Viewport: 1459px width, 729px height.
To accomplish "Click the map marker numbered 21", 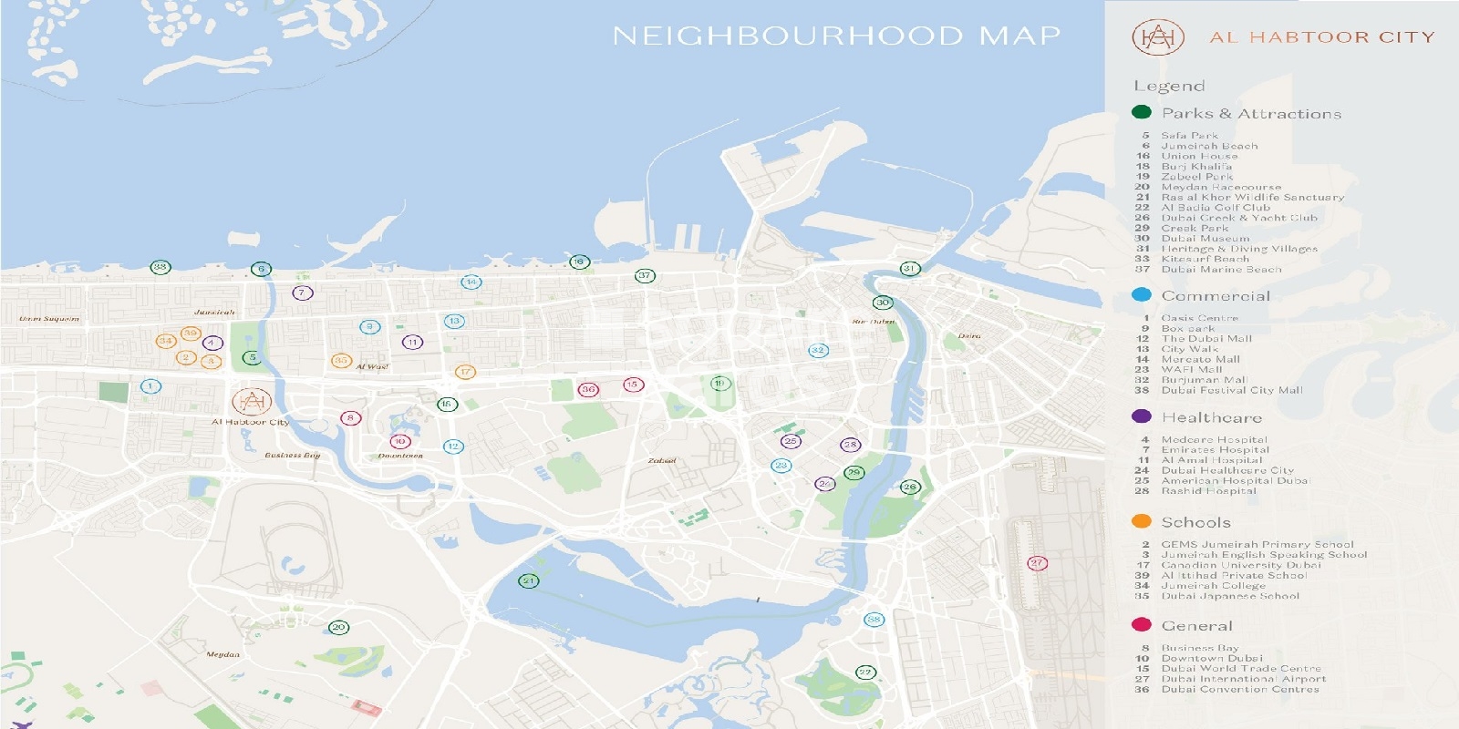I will click(x=529, y=580).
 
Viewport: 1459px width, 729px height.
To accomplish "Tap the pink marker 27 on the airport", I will click(x=1037, y=563).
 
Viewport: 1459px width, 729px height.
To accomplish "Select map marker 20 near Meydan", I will click(x=338, y=627).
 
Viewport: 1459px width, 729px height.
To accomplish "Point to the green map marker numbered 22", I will click(x=864, y=673).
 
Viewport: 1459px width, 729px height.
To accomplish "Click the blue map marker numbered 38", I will click(x=874, y=620).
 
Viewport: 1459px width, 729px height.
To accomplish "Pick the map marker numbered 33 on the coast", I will click(x=160, y=267).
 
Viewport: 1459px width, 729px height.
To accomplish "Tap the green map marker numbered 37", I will click(x=645, y=275).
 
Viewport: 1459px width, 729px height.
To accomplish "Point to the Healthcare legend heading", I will click(x=1211, y=417).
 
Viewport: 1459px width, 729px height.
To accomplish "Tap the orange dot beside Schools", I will click(x=1141, y=521).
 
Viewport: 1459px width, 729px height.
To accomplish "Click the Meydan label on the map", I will click(x=223, y=654).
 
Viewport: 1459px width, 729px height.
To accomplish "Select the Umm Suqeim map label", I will click(x=49, y=319).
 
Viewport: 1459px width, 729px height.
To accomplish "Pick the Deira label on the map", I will click(x=969, y=336).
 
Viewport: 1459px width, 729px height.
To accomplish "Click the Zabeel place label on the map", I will click(x=661, y=461).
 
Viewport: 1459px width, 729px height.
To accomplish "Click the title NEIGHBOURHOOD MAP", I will click(x=836, y=36).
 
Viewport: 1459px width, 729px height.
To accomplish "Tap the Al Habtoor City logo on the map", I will click(x=251, y=401).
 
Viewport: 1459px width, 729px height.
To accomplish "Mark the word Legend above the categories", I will click(x=1169, y=86).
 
